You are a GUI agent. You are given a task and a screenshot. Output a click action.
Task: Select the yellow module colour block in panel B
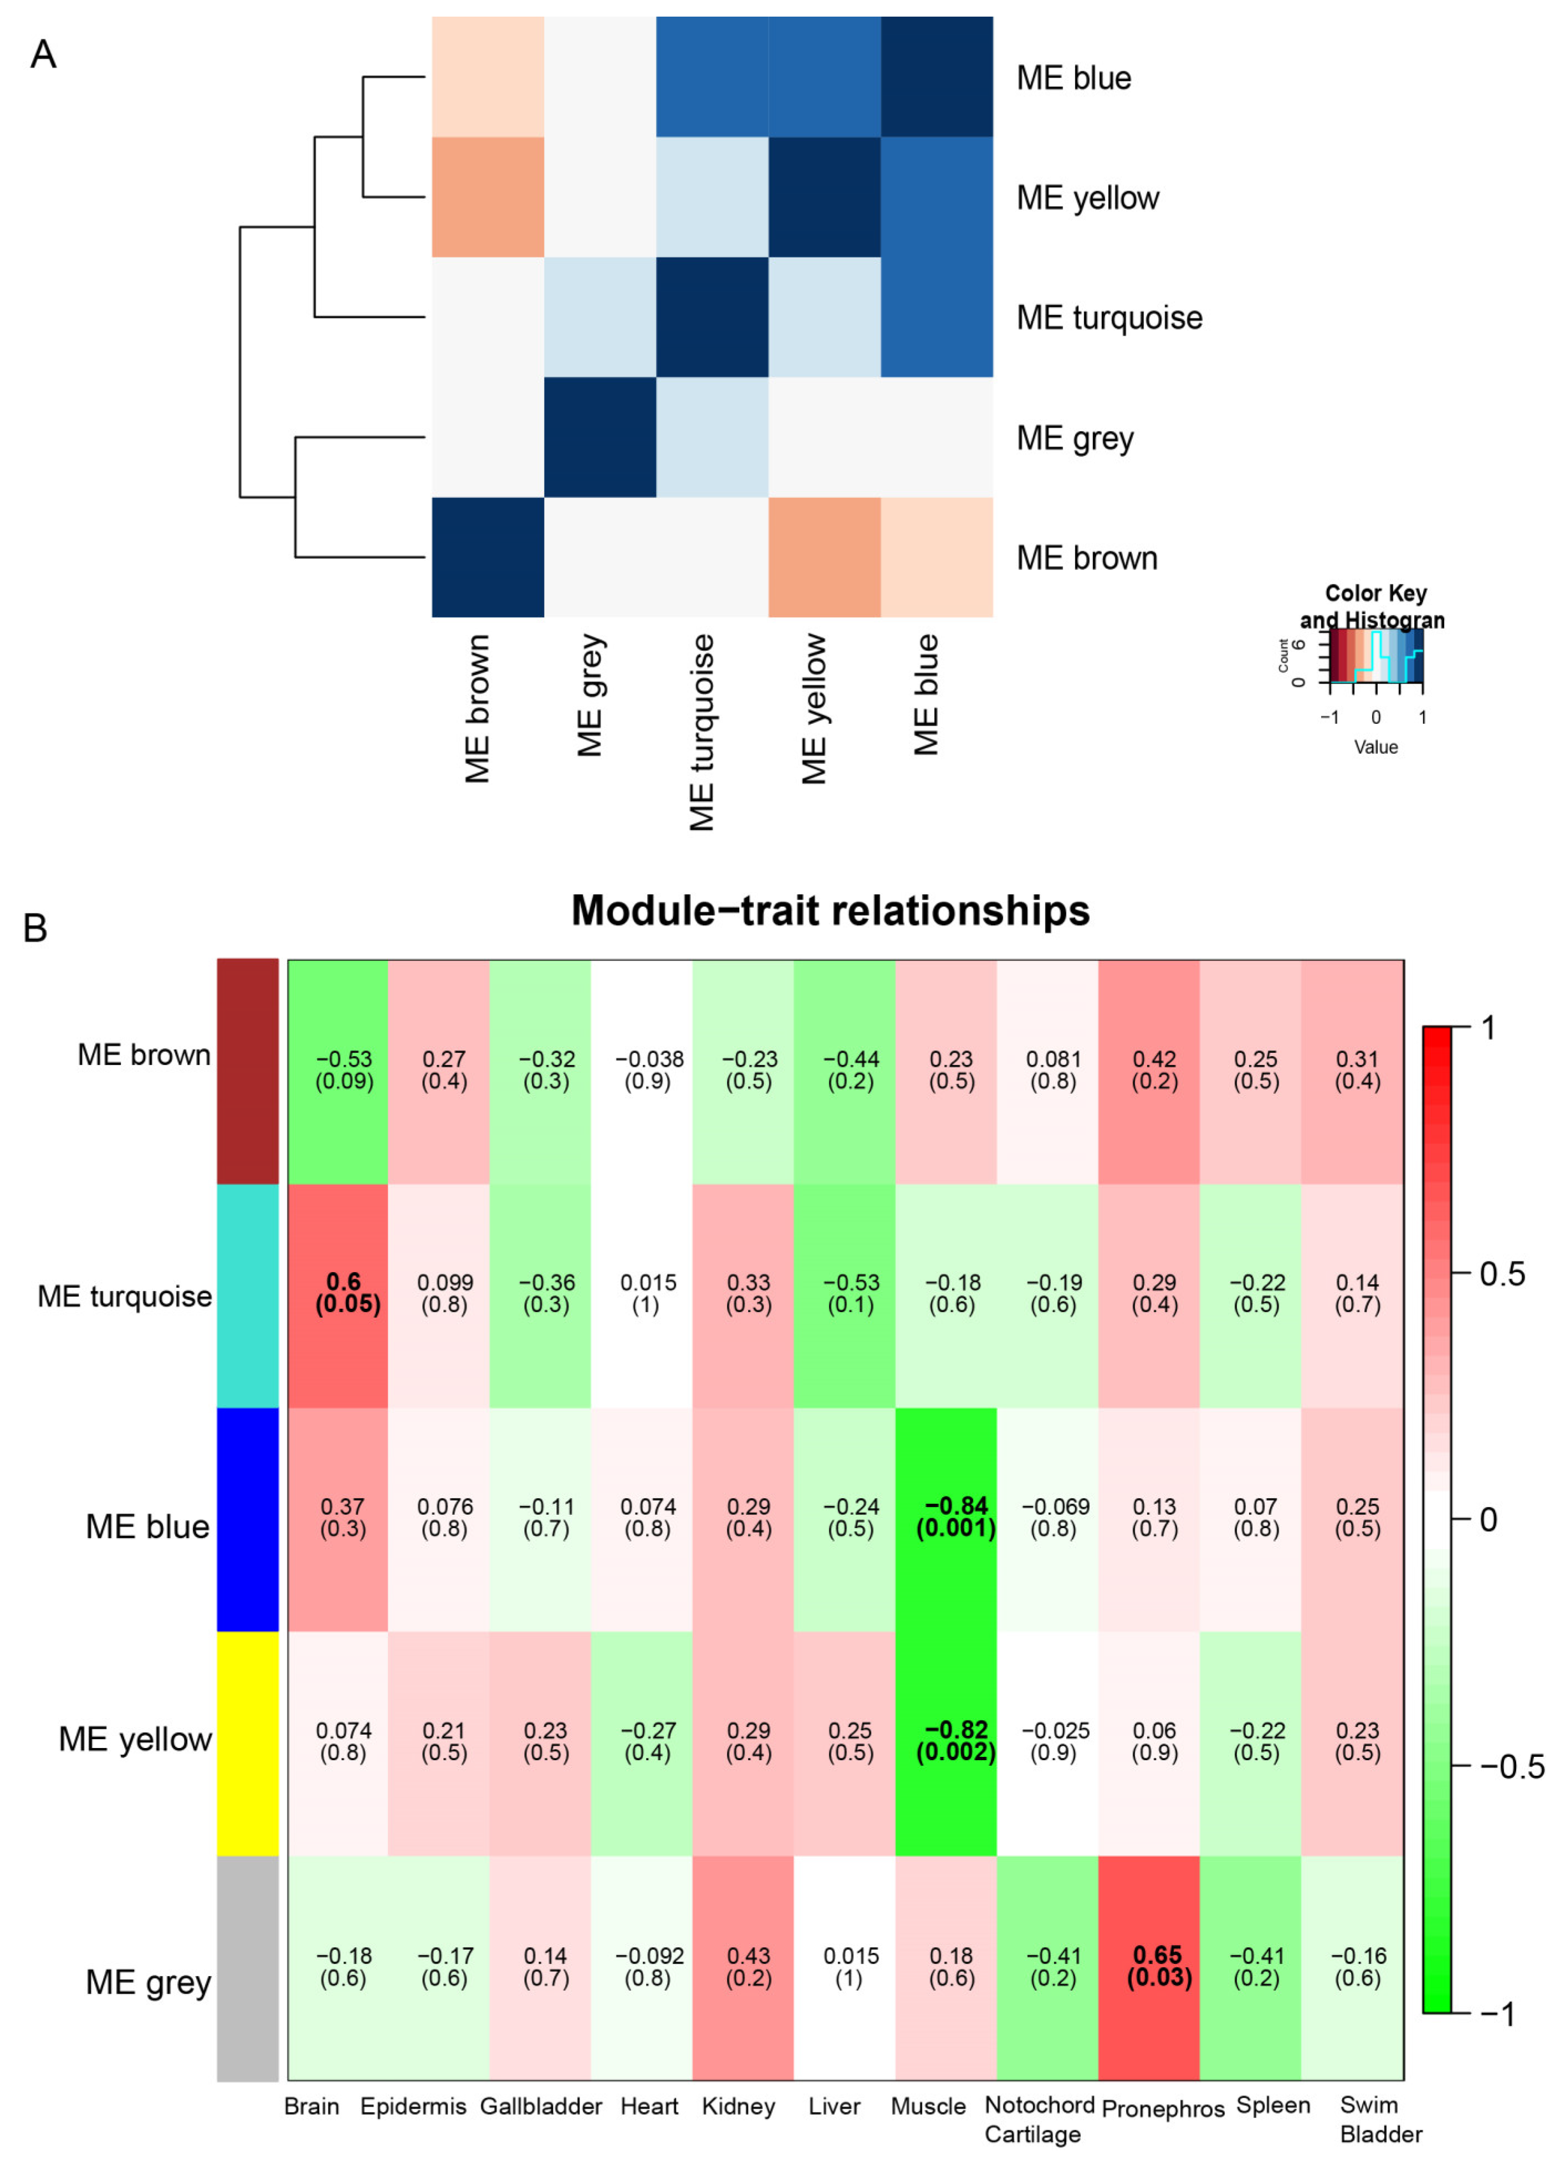click(x=248, y=1743)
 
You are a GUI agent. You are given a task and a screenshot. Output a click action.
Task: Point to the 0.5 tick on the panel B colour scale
click(x=1501, y=1274)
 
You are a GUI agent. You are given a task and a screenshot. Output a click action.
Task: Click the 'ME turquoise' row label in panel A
click(x=1109, y=317)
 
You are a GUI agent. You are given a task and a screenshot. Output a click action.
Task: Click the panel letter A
click(x=43, y=54)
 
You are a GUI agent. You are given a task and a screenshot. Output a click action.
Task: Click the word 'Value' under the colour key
click(x=1374, y=747)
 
